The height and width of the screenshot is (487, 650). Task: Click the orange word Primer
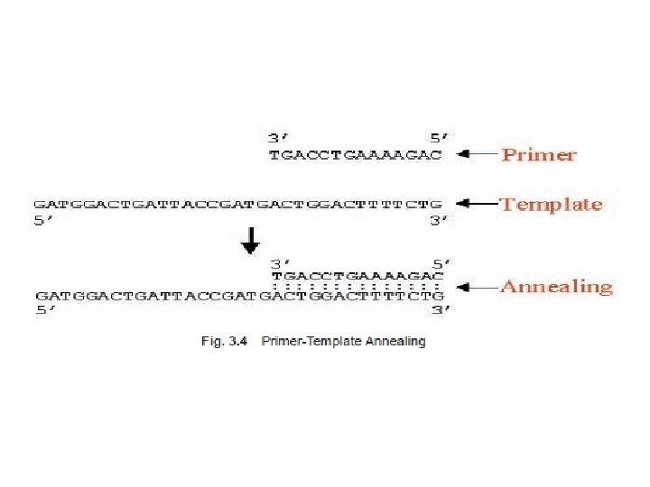(x=538, y=154)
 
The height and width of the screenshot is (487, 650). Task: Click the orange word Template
(x=551, y=204)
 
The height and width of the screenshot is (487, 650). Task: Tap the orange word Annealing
(x=556, y=287)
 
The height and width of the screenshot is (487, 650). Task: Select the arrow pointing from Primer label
(x=477, y=154)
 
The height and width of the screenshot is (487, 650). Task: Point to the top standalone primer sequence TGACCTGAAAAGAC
(x=356, y=155)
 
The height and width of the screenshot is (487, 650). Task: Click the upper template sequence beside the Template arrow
(x=238, y=204)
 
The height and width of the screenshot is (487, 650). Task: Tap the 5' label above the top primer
(x=439, y=138)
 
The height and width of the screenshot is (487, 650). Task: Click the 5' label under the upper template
(x=44, y=221)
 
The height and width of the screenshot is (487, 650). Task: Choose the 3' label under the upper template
(x=439, y=221)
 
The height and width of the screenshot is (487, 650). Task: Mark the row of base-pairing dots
(x=356, y=285)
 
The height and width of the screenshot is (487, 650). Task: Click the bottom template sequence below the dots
(x=238, y=295)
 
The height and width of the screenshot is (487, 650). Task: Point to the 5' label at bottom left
(x=44, y=310)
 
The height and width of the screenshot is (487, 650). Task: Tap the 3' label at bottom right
(x=439, y=310)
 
